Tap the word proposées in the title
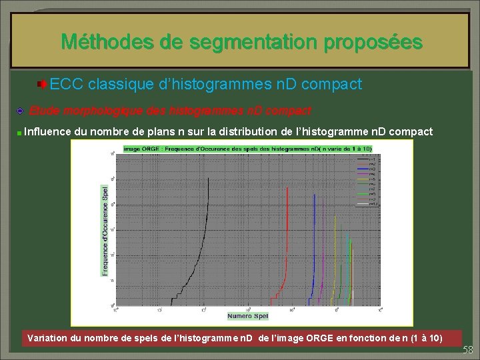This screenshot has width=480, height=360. pyautogui.click(x=373, y=42)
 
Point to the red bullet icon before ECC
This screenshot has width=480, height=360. pyautogui.click(x=42, y=84)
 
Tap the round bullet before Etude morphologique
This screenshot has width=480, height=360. pyautogui.click(x=21, y=109)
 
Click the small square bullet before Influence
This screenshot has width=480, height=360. pyautogui.click(x=20, y=133)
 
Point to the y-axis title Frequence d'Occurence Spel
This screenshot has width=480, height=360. pyautogui.click(x=104, y=230)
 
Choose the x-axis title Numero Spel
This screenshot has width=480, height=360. pyautogui.click(x=247, y=315)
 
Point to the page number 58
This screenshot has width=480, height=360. pyautogui.click(x=468, y=350)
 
